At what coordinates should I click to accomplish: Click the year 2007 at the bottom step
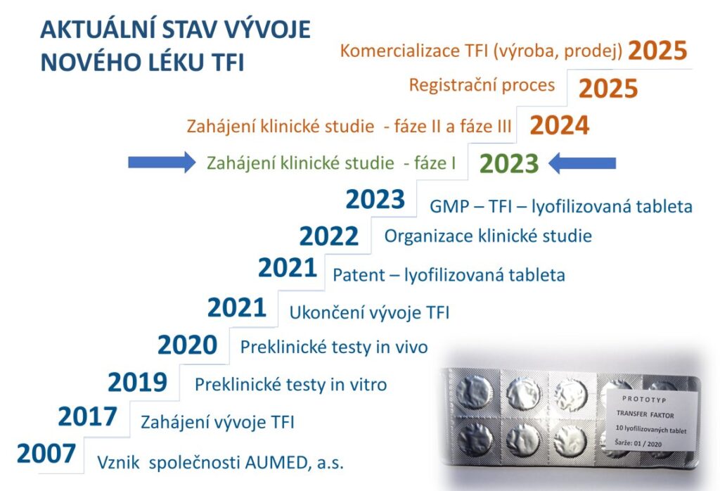[x=46, y=453]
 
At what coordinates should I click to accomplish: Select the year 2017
[x=87, y=416]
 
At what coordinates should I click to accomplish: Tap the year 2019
[x=137, y=382]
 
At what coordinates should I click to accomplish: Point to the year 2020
[x=187, y=345]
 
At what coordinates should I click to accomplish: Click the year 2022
[x=329, y=236]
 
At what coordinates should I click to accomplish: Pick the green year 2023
[x=509, y=164]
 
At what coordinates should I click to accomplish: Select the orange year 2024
[x=559, y=126]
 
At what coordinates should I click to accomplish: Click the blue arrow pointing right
[x=162, y=162]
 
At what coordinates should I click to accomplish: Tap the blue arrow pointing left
[x=581, y=163]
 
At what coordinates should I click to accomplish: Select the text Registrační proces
[x=482, y=85]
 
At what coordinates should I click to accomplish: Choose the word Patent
[x=359, y=275]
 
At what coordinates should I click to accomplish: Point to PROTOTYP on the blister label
[x=644, y=400]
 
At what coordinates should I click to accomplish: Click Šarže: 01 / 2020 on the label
[x=638, y=444]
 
